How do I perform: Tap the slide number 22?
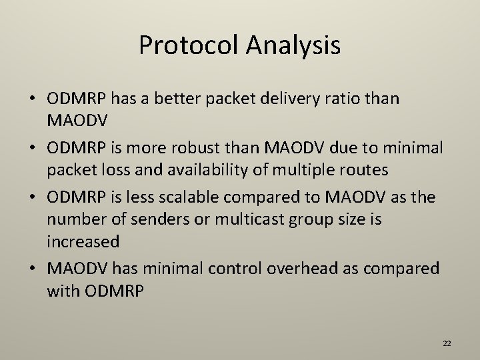pos(447,343)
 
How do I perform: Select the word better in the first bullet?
pos(183,99)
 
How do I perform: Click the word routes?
pos(364,169)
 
